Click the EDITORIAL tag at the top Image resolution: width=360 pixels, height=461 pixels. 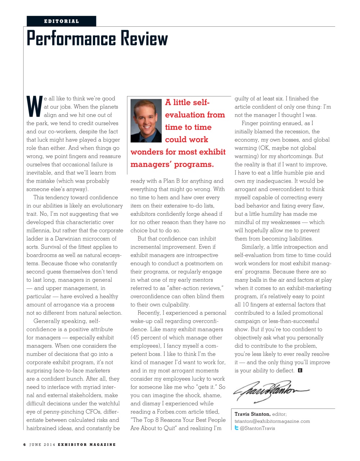pos(61,21)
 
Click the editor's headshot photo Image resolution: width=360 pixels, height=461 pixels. pos(146,121)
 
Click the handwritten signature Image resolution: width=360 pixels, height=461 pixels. pos(271,391)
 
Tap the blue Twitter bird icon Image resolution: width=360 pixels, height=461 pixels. pos(237,428)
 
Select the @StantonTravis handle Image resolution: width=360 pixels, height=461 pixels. pos(257,428)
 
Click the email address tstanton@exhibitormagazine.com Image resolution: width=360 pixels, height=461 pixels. pos(272,421)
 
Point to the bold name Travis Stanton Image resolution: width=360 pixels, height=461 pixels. pos(252,414)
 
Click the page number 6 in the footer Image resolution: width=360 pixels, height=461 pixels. pos(24,444)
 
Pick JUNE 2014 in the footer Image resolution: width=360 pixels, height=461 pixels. pos(42,444)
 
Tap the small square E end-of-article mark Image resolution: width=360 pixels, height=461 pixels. pos(300,370)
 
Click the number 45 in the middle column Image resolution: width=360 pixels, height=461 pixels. pos(136,337)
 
